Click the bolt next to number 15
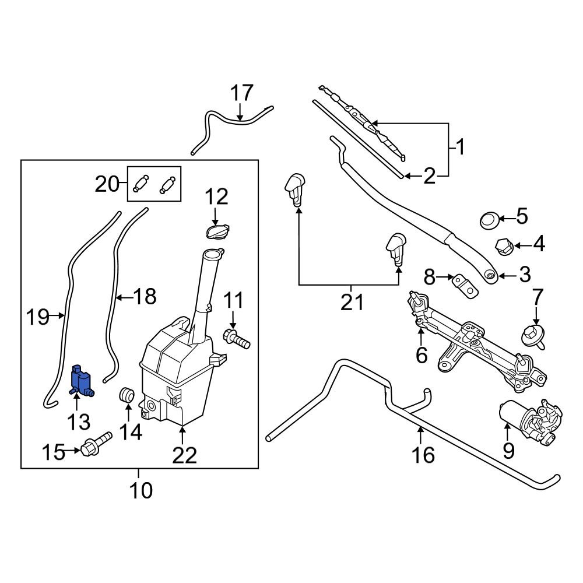[96, 444]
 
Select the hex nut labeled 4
[504, 247]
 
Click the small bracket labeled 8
[464, 285]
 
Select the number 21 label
[352, 303]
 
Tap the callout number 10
[140, 490]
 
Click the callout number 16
[423, 455]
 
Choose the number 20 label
[109, 184]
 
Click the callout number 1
[461, 147]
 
